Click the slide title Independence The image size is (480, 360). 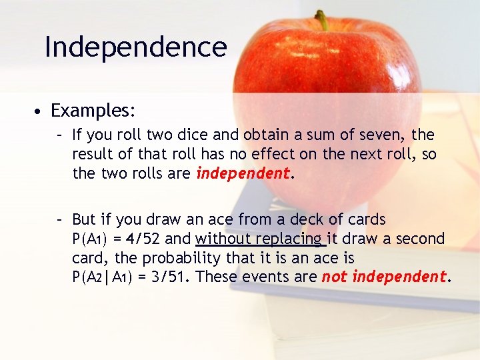tap(135, 47)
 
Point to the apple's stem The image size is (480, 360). tap(322, 20)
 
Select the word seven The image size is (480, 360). tap(378, 135)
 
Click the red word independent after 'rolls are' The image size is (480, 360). tap(243, 174)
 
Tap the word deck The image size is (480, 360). tap(306, 219)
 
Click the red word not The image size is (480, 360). tap(335, 277)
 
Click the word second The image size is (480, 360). tap(420, 239)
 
